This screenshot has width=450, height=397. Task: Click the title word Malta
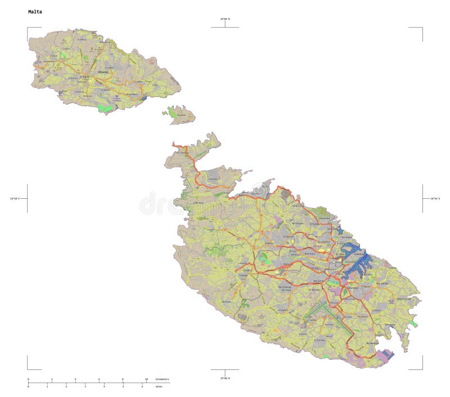[x=35, y=12]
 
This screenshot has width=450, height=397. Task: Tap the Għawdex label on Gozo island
[x=103, y=72]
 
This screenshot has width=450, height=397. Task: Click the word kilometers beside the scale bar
[x=162, y=380]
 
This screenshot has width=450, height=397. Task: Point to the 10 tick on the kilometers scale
[x=147, y=380]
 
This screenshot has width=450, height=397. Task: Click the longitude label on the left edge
[x=15, y=198]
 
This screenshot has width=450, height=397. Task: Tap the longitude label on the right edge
[x=435, y=198]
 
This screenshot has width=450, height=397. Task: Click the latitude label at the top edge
[x=225, y=19]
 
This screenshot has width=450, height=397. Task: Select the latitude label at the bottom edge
[x=225, y=378]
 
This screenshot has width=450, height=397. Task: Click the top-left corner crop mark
[x=28, y=28]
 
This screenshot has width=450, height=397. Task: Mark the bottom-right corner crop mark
[x=421, y=369]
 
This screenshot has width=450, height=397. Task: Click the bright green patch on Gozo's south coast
[x=104, y=108]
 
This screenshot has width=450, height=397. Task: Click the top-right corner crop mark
[x=421, y=28]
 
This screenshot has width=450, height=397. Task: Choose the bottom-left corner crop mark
[x=28, y=369]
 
